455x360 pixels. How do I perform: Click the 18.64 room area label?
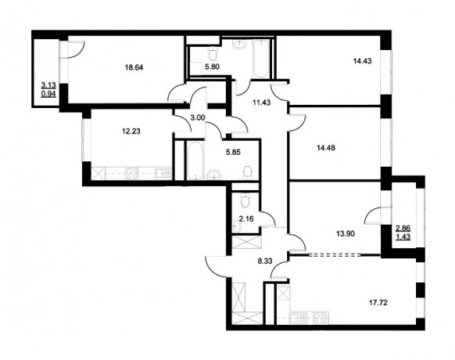134,68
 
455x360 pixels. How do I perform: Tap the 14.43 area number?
363,61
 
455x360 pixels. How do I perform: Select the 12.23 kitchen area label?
131,131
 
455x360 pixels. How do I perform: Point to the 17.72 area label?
378,303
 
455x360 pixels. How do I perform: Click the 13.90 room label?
346,233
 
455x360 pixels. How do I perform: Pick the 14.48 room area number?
326,148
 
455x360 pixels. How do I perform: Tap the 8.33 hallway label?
265,261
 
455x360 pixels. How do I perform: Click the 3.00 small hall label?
198,117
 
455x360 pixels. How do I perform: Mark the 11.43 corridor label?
261,103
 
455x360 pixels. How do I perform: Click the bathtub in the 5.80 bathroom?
261,59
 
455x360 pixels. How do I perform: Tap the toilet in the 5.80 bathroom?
213,53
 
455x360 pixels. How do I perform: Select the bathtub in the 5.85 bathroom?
196,160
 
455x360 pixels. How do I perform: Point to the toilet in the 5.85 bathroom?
248,172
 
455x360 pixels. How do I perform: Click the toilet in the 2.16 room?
245,200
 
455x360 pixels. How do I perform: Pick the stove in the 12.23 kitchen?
132,174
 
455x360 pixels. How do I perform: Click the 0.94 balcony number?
48,94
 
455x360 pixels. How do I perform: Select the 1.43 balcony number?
403,237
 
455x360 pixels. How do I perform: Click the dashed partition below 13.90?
335,255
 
